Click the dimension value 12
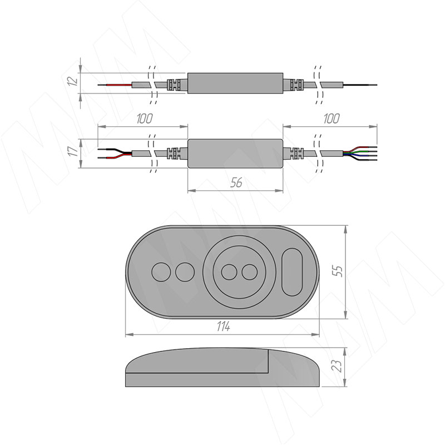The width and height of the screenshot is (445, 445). coord(73,81)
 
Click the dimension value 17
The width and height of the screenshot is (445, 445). coord(73,151)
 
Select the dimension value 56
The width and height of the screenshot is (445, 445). coord(236,183)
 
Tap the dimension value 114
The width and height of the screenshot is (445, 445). coord(224,327)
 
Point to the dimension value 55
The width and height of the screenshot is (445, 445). coord(338,271)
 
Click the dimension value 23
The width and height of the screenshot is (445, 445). coord(337,366)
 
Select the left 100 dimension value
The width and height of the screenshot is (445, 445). coord(145,118)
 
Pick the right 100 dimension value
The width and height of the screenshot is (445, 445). coord(331,118)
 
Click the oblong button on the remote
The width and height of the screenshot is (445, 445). coord(292,272)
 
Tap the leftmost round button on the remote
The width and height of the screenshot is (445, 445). coord(161,272)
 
